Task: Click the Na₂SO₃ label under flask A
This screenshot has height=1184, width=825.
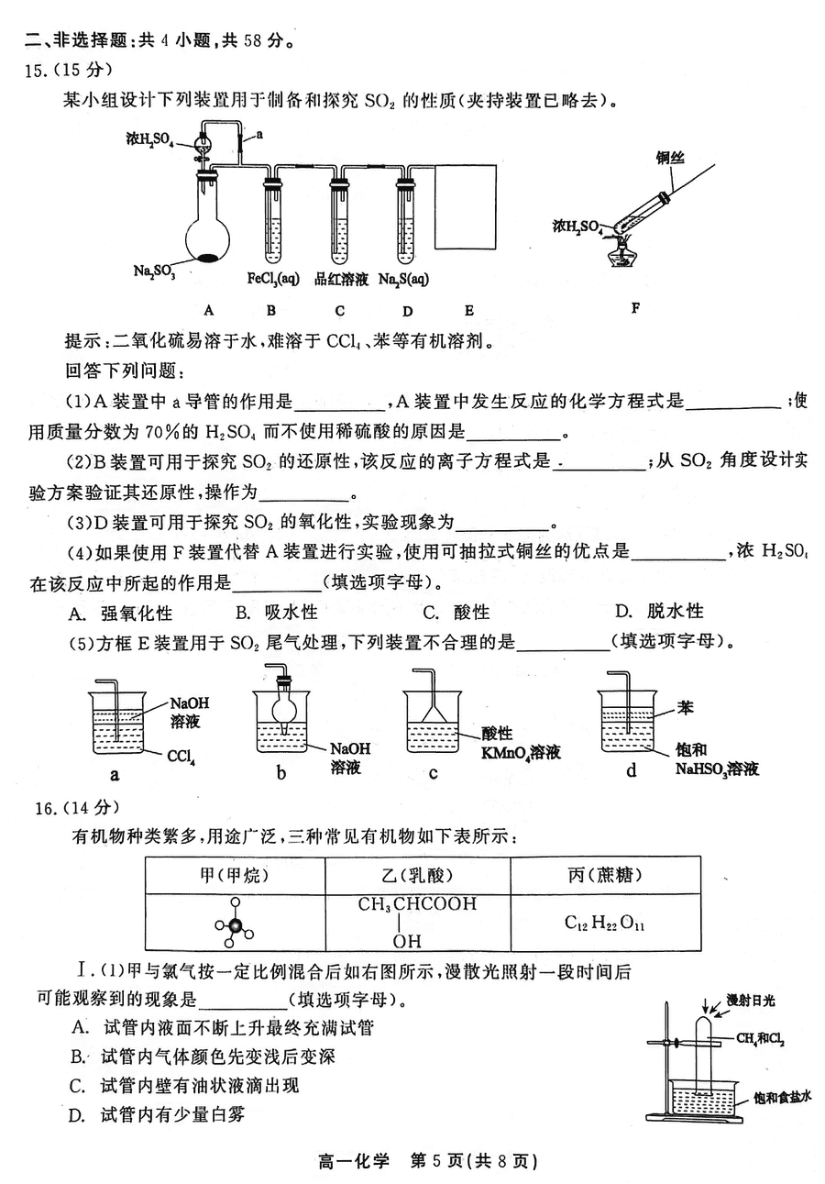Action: (154, 271)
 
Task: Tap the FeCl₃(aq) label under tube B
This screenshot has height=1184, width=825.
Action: (272, 279)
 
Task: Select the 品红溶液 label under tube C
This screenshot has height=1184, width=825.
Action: (341, 279)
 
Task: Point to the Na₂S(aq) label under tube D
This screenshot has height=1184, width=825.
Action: (403, 279)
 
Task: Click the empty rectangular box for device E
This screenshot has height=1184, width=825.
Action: (465, 206)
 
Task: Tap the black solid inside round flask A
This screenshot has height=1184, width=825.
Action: (207, 258)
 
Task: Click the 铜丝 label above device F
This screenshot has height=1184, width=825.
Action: (670, 158)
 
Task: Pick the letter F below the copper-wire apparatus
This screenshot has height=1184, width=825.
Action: (635, 308)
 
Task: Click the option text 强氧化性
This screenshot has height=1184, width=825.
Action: (137, 614)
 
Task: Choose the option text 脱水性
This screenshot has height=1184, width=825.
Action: (676, 612)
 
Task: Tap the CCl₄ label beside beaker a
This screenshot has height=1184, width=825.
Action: (181, 757)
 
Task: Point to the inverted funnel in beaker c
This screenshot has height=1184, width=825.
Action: (433, 709)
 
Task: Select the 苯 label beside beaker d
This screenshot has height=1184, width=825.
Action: (685, 708)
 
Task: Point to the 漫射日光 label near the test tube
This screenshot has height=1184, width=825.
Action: (750, 1000)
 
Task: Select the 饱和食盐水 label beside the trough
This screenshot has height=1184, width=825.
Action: (782, 1097)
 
